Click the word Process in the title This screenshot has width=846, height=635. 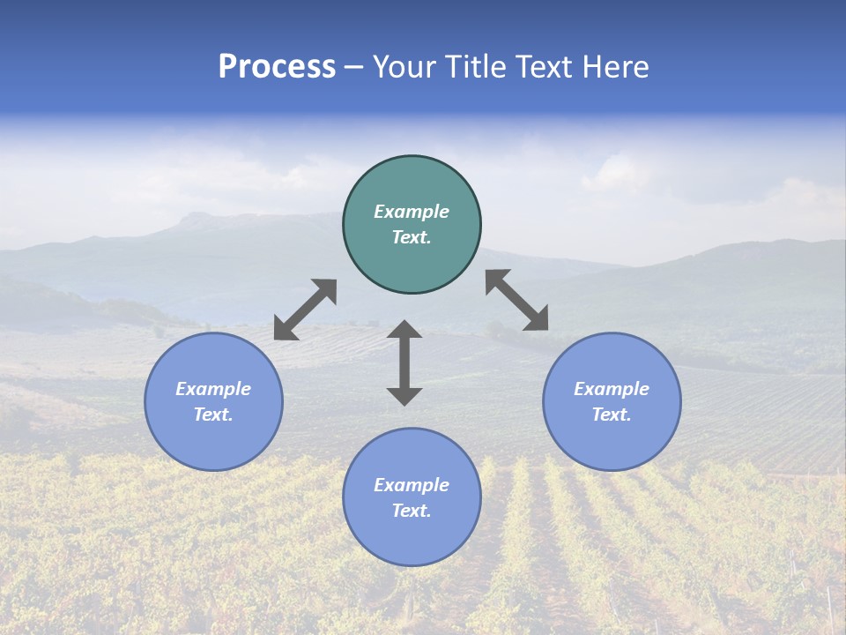(277, 67)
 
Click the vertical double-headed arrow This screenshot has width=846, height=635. (404, 362)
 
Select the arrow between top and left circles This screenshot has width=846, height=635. (305, 310)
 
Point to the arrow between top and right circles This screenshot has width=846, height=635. (516, 300)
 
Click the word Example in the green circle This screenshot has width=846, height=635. (412, 212)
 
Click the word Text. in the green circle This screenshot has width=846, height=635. (412, 237)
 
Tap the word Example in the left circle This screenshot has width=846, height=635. (213, 389)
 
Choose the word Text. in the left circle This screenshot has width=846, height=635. (213, 415)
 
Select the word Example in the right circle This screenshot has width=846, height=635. (612, 389)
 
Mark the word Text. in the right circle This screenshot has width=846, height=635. (612, 415)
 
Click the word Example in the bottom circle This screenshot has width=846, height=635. (412, 485)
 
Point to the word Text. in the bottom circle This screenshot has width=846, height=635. (412, 511)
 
